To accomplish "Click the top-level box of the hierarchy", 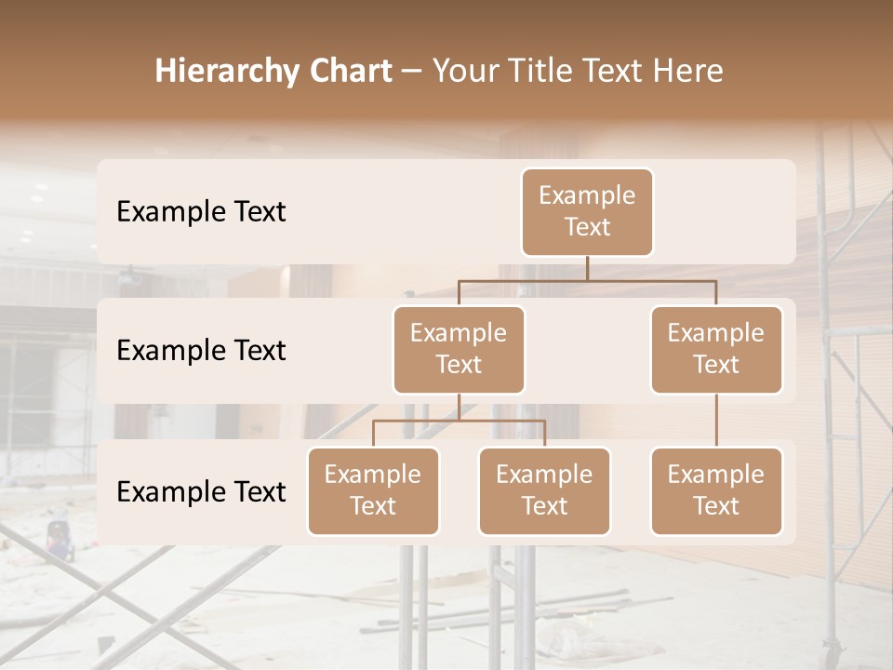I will point(587,212).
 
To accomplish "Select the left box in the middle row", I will point(459,350).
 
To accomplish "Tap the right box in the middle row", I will point(716,350).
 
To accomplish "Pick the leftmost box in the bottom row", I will point(373,491).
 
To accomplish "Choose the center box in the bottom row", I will point(544,491).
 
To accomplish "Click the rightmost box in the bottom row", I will point(716,491).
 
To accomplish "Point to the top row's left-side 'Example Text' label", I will point(201,212).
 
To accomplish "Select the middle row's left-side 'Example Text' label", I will point(201,351).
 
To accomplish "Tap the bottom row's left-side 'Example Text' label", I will point(201,492).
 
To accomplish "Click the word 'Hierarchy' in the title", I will point(227,72).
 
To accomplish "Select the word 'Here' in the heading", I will point(689,71).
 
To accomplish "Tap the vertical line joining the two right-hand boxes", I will point(716,421).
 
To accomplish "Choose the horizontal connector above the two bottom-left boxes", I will point(459,421).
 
